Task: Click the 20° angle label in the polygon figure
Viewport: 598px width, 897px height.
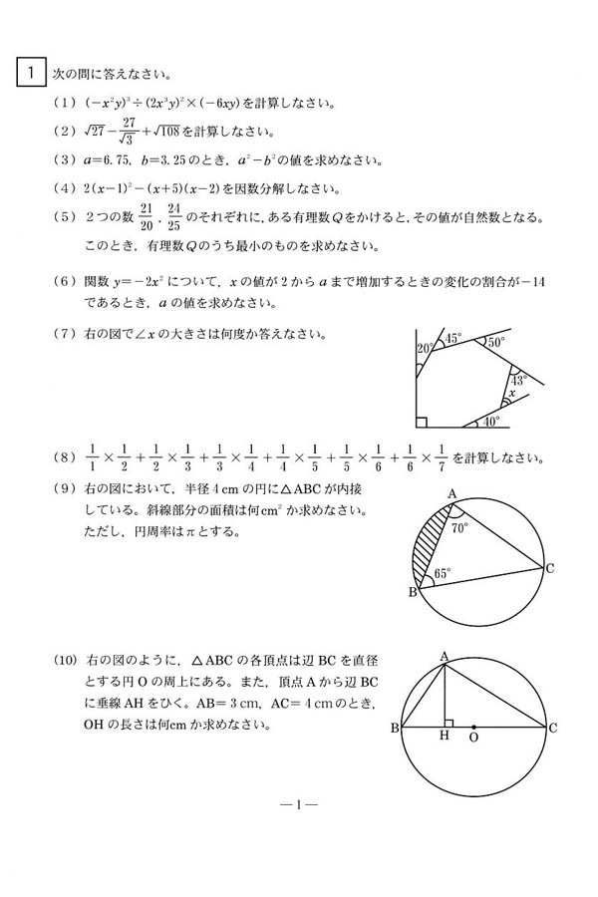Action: [424, 347]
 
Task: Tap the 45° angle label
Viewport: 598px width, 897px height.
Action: [452, 339]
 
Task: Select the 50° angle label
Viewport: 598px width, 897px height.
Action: [496, 342]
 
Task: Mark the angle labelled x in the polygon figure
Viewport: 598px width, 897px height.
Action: [512, 394]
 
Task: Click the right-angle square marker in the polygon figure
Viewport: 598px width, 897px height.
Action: [423, 421]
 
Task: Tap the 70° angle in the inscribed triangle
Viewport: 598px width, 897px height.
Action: [458, 528]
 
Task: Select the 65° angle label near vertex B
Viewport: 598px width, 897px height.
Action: [443, 573]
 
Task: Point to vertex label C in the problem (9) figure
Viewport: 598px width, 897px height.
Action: [549, 568]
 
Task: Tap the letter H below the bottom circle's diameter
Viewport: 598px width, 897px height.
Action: [444, 739]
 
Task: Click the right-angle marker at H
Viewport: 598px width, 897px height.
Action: [449, 721]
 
